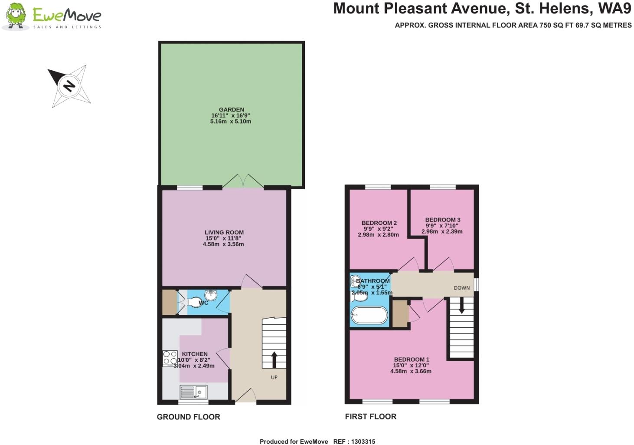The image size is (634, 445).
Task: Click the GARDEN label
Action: pyautogui.click(x=231, y=110)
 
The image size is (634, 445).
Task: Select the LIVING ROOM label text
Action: pyautogui.click(x=224, y=233)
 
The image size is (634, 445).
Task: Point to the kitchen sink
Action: pyautogui.click(x=194, y=392)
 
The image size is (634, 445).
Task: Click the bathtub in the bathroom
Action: pyautogui.click(x=369, y=316)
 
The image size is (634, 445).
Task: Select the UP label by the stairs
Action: pyautogui.click(x=274, y=378)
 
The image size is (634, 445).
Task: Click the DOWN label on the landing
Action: pyautogui.click(x=461, y=288)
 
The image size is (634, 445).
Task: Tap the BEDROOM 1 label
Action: pyautogui.click(x=412, y=359)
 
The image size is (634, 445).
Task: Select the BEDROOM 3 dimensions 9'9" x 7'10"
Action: pyautogui.click(x=442, y=226)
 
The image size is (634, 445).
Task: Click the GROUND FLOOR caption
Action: pyautogui.click(x=188, y=417)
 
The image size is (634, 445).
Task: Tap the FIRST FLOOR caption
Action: pyautogui.click(x=370, y=416)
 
